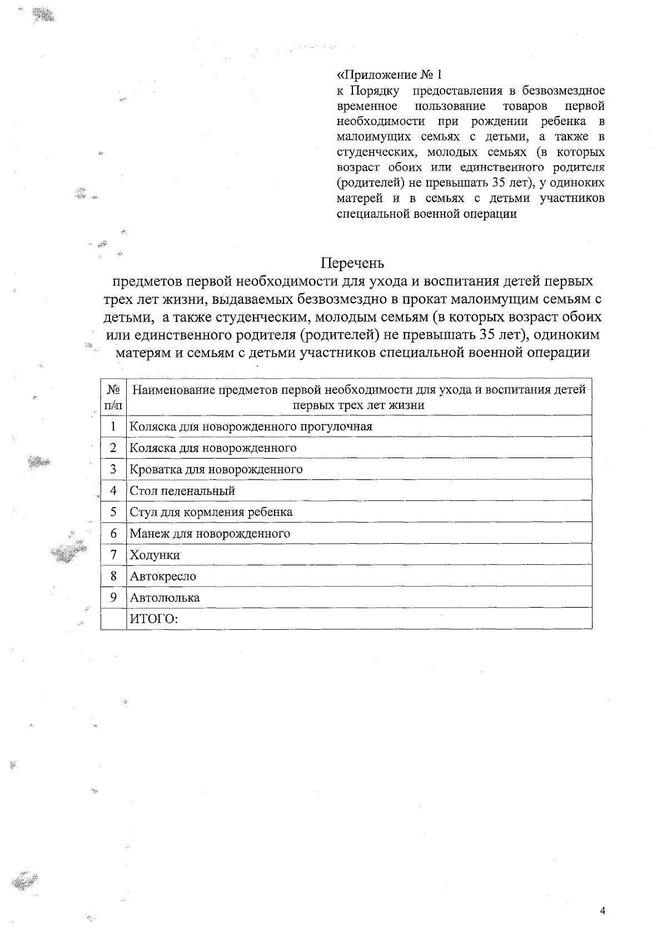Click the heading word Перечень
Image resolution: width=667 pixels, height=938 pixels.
[x=352, y=262]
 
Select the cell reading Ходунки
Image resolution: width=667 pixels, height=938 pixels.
[x=155, y=555]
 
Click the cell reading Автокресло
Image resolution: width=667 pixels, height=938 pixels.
[x=163, y=576]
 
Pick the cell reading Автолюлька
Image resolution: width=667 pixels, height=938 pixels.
[x=165, y=598]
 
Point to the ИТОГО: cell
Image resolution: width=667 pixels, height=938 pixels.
[x=153, y=619]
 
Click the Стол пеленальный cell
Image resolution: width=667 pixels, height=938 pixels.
[x=182, y=491]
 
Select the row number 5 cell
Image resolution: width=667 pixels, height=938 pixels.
[x=113, y=512]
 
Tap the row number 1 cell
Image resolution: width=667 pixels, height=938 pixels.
[x=113, y=427]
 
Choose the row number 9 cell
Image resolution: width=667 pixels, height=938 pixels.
[x=113, y=598]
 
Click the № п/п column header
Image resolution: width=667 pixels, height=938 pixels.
[x=113, y=397]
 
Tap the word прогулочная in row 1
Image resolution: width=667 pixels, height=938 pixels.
[x=336, y=427]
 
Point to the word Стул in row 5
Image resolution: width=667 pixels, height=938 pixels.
[x=141, y=512]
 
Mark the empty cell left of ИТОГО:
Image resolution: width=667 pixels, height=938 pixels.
[x=113, y=619]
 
